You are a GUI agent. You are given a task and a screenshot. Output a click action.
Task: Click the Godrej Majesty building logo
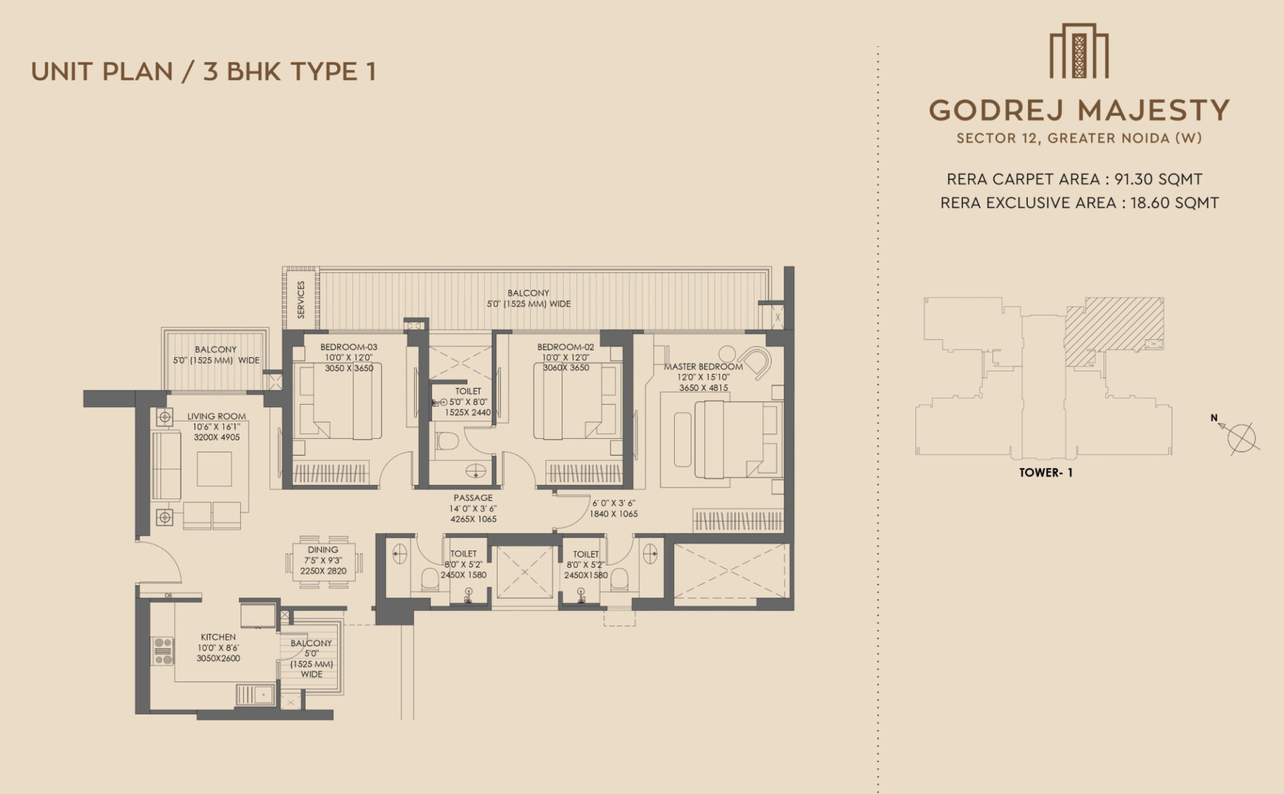[x=1079, y=51]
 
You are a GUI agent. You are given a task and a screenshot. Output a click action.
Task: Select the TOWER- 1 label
[x=1045, y=472]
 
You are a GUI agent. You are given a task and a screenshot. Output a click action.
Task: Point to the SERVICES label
[x=300, y=299]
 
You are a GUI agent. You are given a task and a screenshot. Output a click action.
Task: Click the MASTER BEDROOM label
[x=704, y=367]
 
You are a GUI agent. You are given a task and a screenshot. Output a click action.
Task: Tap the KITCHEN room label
[x=218, y=637]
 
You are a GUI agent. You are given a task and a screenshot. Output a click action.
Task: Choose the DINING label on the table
[x=323, y=550]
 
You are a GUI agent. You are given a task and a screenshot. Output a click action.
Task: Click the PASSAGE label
[x=473, y=498]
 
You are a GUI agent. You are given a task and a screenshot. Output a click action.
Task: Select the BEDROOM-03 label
[x=348, y=346]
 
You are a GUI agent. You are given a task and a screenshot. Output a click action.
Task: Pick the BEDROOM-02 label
[x=566, y=346]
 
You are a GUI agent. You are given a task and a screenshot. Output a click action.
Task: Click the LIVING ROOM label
[x=217, y=416]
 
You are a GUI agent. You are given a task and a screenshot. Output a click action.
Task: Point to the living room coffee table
[x=214, y=468]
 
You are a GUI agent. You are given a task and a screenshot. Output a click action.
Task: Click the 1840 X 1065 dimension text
[x=613, y=514]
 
